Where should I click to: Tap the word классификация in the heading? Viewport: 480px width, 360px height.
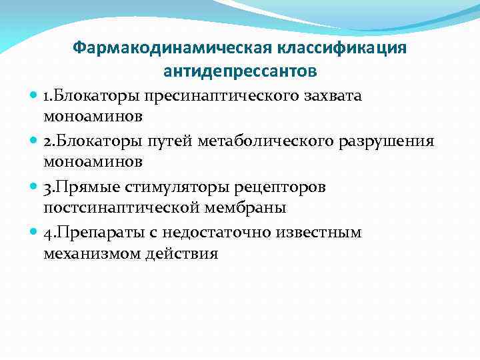point(347,49)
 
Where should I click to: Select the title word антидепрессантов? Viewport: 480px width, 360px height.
point(240,70)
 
